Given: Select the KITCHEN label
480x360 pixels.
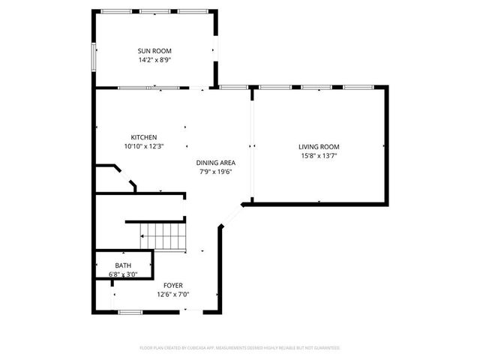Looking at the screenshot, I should (143, 137).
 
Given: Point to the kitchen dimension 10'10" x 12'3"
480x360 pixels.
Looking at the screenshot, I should (143, 146).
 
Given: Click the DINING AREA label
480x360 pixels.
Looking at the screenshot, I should (217, 163).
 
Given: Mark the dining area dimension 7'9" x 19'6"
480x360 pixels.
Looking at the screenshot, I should (217, 172).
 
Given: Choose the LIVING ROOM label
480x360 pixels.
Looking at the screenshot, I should (319, 147).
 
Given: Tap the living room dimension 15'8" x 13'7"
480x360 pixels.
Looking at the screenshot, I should (319, 156).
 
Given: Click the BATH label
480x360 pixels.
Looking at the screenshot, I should (122, 265).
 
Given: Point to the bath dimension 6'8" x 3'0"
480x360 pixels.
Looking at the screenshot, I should (123, 274).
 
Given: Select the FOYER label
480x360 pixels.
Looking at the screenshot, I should (173, 286).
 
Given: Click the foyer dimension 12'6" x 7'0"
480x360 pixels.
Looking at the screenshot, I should (173, 295).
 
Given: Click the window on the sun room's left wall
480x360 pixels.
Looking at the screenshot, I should (94, 57).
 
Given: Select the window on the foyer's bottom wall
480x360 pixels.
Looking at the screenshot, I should (130, 311).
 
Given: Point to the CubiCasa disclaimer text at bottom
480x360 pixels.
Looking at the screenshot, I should (240, 348).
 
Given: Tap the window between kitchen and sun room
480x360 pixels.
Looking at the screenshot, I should (148, 88).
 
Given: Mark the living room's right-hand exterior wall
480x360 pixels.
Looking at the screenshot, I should (388, 145).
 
